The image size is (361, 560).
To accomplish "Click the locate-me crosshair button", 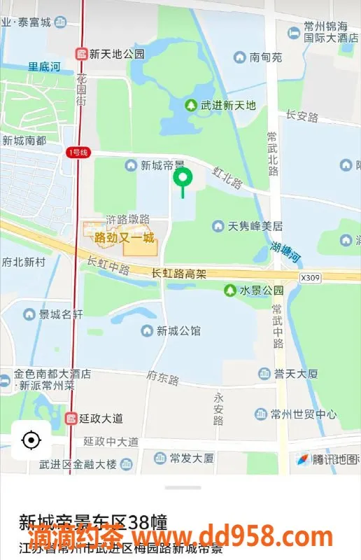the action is click(x=31, y=440).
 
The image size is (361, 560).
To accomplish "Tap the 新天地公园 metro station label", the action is click(x=111, y=53).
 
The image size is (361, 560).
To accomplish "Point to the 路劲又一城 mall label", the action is click(x=124, y=238).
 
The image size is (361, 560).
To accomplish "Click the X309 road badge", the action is click(x=309, y=278).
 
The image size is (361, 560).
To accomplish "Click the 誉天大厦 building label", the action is click(x=296, y=374).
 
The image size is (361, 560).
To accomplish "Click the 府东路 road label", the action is click(x=163, y=380).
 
